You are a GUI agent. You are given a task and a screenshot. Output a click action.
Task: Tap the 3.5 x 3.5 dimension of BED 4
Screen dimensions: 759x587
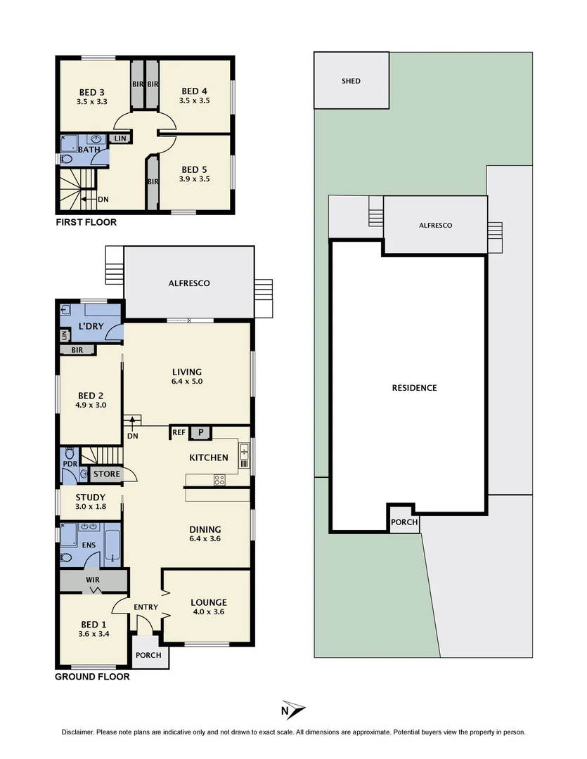[x=195, y=100]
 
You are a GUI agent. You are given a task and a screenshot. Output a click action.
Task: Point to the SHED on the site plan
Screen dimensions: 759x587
[x=351, y=81]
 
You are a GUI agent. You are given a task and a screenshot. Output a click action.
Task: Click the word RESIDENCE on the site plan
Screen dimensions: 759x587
[x=414, y=388]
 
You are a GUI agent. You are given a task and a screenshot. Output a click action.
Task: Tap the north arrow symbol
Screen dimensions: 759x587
[x=293, y=708]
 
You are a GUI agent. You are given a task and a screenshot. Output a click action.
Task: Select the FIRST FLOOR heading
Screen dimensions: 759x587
[x=86, y=222]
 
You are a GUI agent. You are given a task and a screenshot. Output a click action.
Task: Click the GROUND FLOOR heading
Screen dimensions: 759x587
[x=92, y=677]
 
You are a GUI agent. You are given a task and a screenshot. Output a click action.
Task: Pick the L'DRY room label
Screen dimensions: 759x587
[x=91, y=327]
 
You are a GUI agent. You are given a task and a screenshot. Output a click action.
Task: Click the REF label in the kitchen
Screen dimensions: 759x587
[x=179, y=433]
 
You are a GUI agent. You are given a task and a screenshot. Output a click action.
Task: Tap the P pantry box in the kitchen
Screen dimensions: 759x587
[x=200, y=433]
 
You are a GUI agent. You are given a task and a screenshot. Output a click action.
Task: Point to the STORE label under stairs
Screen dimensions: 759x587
[x=107, y=474]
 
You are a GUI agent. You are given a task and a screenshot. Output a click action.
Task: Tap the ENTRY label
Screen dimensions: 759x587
[x=146, y=607]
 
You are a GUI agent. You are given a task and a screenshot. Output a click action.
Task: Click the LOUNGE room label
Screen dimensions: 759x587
[x=209, y=602]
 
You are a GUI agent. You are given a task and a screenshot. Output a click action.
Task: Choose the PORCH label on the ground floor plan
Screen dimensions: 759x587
[x=148, y=655]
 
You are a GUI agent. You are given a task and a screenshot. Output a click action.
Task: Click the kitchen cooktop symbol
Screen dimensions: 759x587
[x=219, y=481]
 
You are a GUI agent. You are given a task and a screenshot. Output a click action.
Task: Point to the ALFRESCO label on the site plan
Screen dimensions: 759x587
[x=435, y=226]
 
